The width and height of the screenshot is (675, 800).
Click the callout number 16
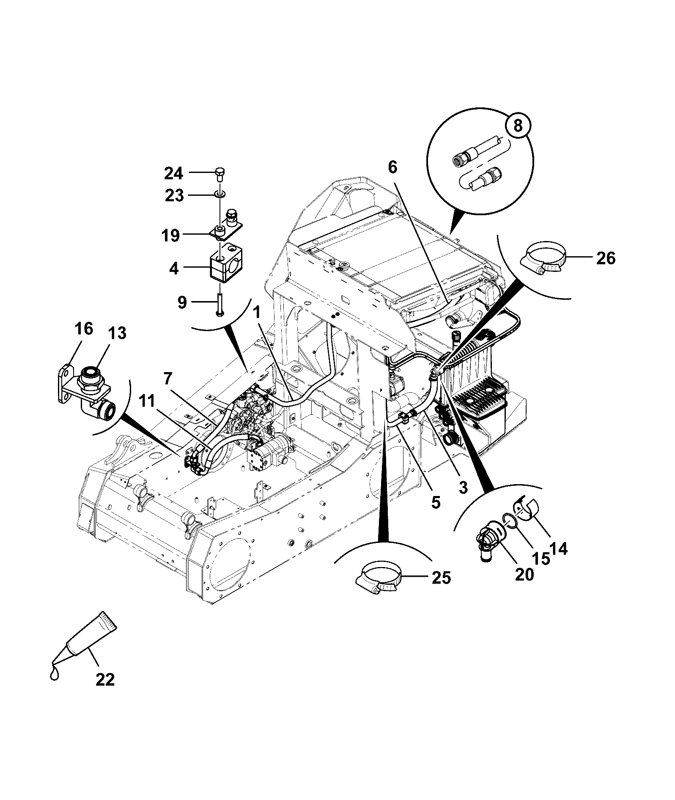pyautogui.click(x=84, y=329)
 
